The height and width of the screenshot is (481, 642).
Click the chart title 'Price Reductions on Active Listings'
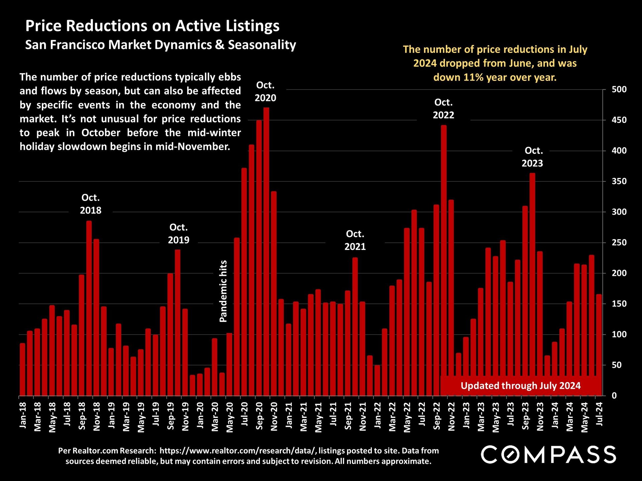(x=152, y=26)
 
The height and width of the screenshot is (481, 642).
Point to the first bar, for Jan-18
(x=22, y=369)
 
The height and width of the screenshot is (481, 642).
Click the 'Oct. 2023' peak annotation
(x=533, y=157)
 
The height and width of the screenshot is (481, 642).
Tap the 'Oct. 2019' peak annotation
(x=179, y=233)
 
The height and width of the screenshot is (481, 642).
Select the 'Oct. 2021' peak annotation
(x=355, y=240)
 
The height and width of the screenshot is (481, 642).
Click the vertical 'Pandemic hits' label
(x=223, y=291)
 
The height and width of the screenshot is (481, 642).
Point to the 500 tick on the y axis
(x=619, y=90)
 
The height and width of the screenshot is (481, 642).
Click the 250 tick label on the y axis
(x=619, y=243)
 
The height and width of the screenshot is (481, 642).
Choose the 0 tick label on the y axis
(x=614, y=395)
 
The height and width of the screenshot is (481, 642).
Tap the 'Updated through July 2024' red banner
(x=520, y=385)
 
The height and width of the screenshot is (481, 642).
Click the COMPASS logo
(x=548, y=455)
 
